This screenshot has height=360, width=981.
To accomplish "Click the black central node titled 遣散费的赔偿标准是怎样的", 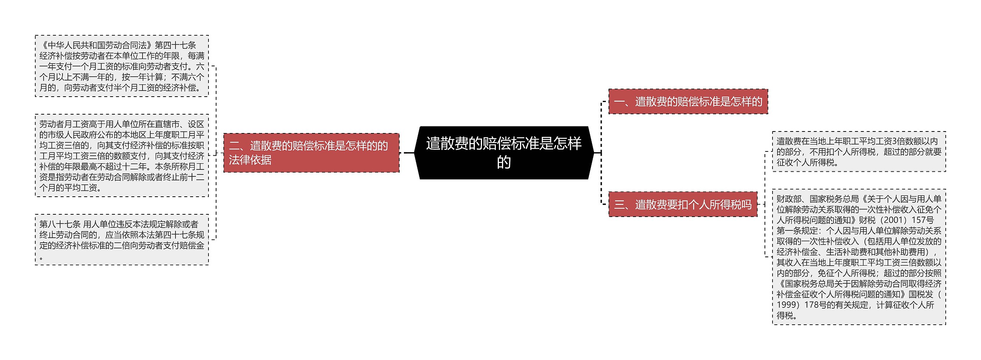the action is (x=504, y=153).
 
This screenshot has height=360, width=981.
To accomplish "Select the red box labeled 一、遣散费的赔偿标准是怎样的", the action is (x=688, y=102).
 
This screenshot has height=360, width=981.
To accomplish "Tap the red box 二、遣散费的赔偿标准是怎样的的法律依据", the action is (x=311, y=153).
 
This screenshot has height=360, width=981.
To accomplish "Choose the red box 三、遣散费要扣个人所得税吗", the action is (x=683, y=204).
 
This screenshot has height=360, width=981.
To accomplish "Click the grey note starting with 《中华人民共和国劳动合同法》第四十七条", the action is (x=122, y=66).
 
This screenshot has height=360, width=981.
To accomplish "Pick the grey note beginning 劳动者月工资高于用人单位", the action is (x=122, y=156).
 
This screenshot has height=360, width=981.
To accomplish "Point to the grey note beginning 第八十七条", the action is (x=122, y=240).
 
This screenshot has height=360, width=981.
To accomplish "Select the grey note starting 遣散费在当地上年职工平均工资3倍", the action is (x=859, y=152).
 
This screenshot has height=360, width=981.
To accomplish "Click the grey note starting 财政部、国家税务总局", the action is (x=859, y=257).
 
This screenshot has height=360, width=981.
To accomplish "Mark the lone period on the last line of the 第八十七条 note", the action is (x=41, y=258).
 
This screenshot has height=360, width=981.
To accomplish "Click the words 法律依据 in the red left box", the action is (x=250, y=160).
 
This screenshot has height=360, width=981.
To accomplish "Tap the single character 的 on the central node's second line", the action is (x=504, y=162).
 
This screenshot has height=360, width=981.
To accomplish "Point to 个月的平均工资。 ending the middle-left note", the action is (x=71, y=188).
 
